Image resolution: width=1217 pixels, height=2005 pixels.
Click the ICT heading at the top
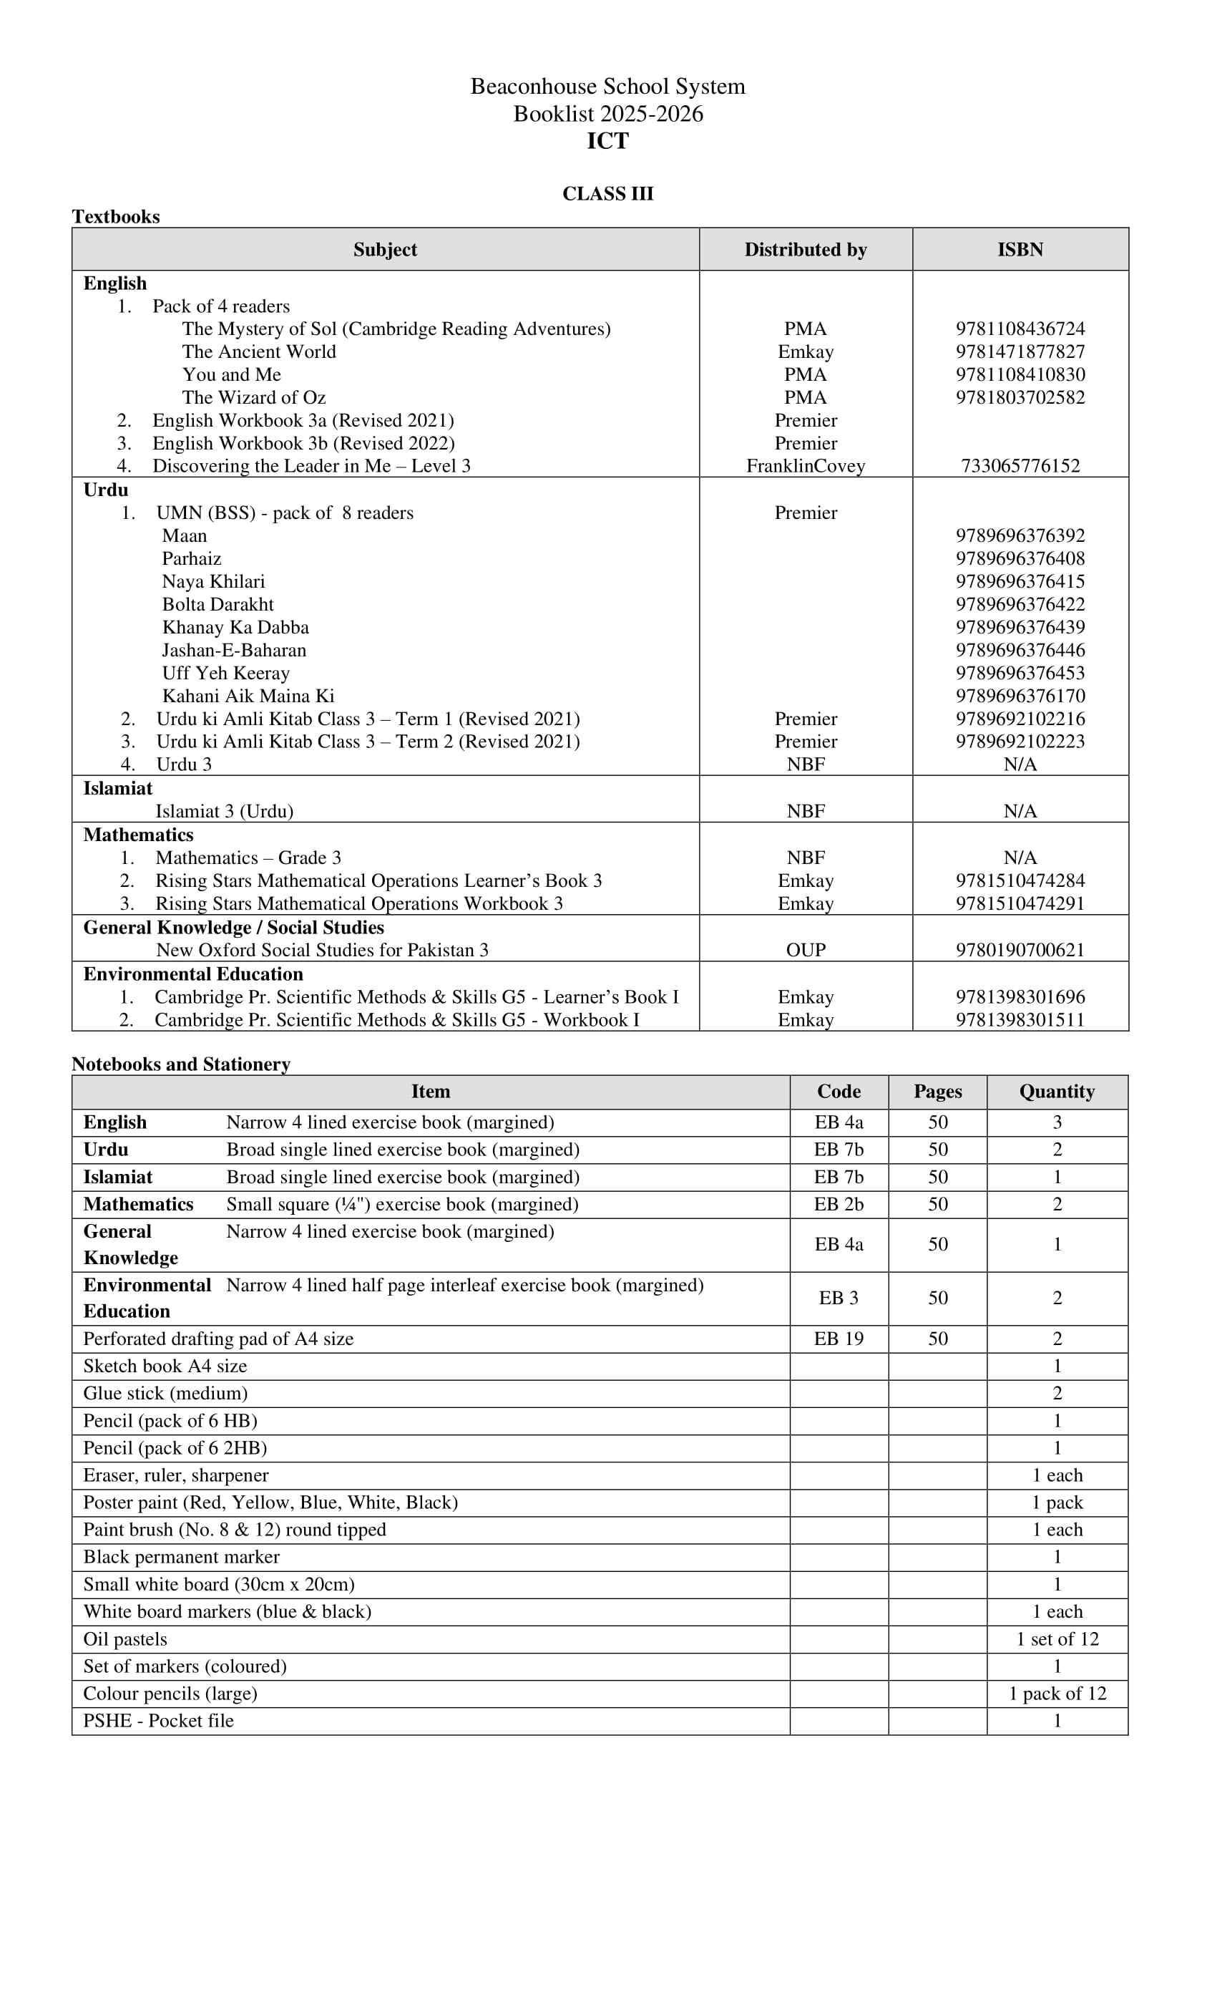(x=607, y=141)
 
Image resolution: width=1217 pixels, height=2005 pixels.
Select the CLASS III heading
(x=607, y=194)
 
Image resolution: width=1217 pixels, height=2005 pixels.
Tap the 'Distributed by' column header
(x=806, y=250)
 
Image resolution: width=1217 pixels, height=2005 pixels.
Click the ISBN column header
(x=1020, y=250)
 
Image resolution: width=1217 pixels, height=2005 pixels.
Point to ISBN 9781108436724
(x=1020, y=329)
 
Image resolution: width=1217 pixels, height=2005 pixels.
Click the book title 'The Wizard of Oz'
(x=254, y=397)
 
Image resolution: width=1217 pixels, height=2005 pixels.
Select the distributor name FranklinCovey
(x=806, y=466)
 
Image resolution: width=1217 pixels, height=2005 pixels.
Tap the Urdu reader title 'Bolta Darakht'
(x=218, y=605)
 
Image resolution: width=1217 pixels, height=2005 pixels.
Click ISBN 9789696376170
(x=1020, y=696)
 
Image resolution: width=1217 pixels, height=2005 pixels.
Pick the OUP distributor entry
(x=806, y=951)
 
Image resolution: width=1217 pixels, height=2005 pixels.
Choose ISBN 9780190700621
(x=1020, y=951)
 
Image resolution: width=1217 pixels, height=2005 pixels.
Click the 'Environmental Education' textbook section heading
(x=192, y=974)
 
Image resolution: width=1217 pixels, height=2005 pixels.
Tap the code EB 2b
(x=839, y=1204)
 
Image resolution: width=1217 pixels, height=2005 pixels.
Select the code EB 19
(x=839, y=1339)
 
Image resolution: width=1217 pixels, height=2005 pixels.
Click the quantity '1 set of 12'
(x=1057, y=1639)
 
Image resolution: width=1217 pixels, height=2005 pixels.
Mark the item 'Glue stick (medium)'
(x=165, y=1393)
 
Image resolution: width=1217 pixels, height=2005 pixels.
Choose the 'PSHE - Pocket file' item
(x=159, y=1720)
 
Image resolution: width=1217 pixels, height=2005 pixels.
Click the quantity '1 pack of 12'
(x=1057, y=1694)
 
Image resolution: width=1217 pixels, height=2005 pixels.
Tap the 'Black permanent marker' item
(x=182, y=1557)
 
